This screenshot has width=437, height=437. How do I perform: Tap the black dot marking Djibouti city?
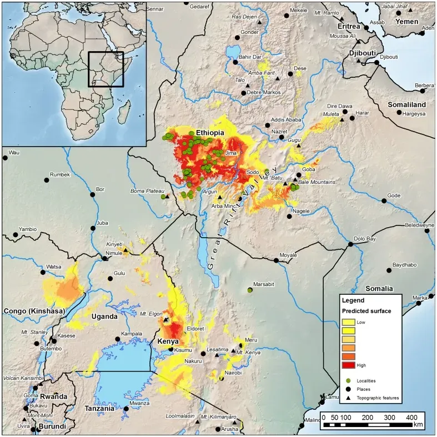point(377,63)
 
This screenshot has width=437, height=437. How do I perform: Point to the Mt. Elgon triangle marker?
point(165,319)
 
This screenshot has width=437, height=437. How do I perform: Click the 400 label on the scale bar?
point(411,417)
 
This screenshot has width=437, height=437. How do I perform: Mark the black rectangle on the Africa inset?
point(106,69)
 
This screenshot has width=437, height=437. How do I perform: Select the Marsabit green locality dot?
point(250,290)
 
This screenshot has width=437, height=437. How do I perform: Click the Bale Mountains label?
point(317,182)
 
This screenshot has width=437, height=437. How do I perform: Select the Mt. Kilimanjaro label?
point(219,416)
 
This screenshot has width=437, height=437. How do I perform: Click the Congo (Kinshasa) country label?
point(34,310)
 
